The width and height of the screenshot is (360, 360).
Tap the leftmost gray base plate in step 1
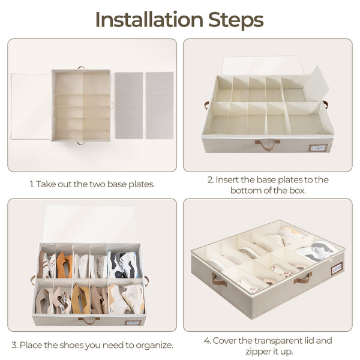click(129, 106)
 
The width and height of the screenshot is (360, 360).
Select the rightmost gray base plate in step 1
click(160, 106)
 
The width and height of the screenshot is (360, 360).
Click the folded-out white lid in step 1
click(31, 107)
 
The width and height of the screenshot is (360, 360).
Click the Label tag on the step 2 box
click(318, 147)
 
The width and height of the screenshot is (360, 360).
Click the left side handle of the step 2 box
click(206, 105)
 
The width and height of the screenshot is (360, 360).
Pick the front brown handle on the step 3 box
click(89, 319)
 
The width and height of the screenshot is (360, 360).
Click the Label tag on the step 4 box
click(337, 268)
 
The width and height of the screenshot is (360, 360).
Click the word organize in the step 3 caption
click(155, 345)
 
